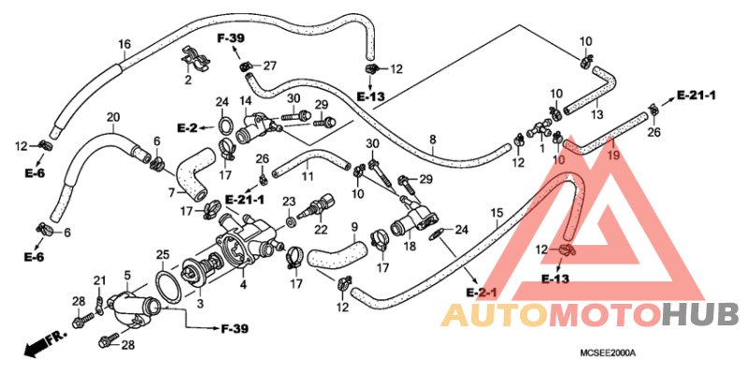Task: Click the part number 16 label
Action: pos(124,45)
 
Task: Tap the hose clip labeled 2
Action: pos(196,59)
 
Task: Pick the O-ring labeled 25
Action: pos(168,287)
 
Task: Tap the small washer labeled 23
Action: pos(289,223)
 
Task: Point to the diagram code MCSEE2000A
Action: pos(608,353)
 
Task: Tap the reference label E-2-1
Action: pos(482,292)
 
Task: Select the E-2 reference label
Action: pos(188,128)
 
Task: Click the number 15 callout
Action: pos(496,212)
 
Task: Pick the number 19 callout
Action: pos(613,155)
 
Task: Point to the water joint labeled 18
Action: pos(414,218)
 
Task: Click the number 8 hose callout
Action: pos(433,139)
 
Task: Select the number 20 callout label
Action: pos(113,117)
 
